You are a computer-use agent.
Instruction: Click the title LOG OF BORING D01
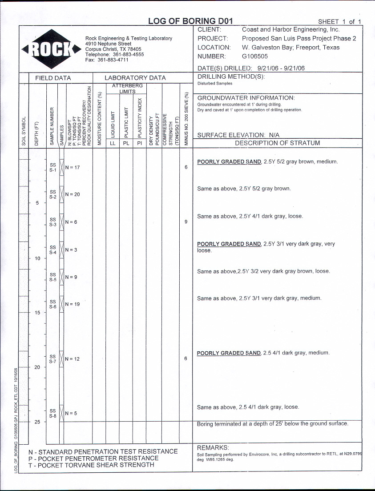tap(190, 21)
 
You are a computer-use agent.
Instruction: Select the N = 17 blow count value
tap(72, 168)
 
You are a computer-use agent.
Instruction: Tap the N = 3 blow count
tap(71, 250)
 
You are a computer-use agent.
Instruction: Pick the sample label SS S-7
tap(52, 359)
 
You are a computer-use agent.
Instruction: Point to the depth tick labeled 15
tap(37, 313)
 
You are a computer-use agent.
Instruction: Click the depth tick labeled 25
tap(37, 422)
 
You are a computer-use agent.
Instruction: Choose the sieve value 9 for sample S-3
tap(186, 222)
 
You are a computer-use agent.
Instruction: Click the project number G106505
tap(255, 56)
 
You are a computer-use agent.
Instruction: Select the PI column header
tap(140, 143)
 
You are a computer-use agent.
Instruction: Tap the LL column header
tap(113, 143)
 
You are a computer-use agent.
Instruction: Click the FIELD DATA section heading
tap(53, 78)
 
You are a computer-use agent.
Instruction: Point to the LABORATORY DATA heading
tap(135, 78)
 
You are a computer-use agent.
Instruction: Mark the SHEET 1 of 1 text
tap(339, 22)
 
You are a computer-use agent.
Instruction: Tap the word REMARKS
tap(213, 447)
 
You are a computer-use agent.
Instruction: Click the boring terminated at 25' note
tap(272, 424)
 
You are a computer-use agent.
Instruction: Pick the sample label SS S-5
tap(52, 277)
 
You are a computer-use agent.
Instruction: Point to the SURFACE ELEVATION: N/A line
tap(238, 135)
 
